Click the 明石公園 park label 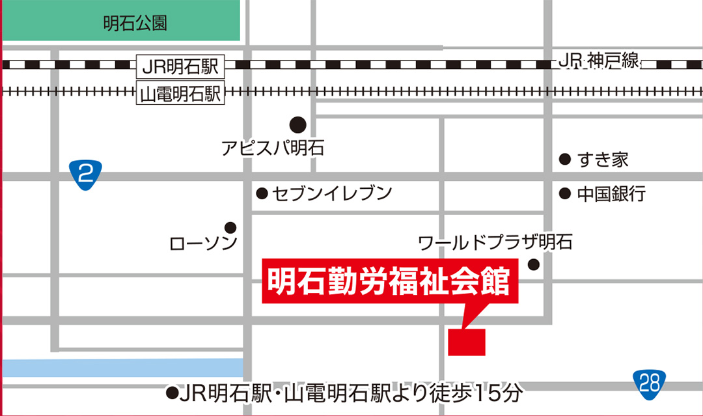[x=135, y=24]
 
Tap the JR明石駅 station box [x=181, y=66]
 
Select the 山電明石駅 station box [x=181, y=94]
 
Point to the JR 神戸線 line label [x=599, y=62]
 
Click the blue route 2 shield [x=85, y=174]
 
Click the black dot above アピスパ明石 [x=297, y=124]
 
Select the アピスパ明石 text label [x=272, y=148]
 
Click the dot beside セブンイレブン [x=262, y=193]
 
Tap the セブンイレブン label [x=332, y=193]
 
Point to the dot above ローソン [x=230, y=227]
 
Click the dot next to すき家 [x=565, y=159]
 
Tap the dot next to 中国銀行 [x=565, y=193]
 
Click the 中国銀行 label [x=611, y=193]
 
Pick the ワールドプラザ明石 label [x=495, y=243]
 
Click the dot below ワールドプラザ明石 [x=534, y=264]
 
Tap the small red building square [x=467, y=342]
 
